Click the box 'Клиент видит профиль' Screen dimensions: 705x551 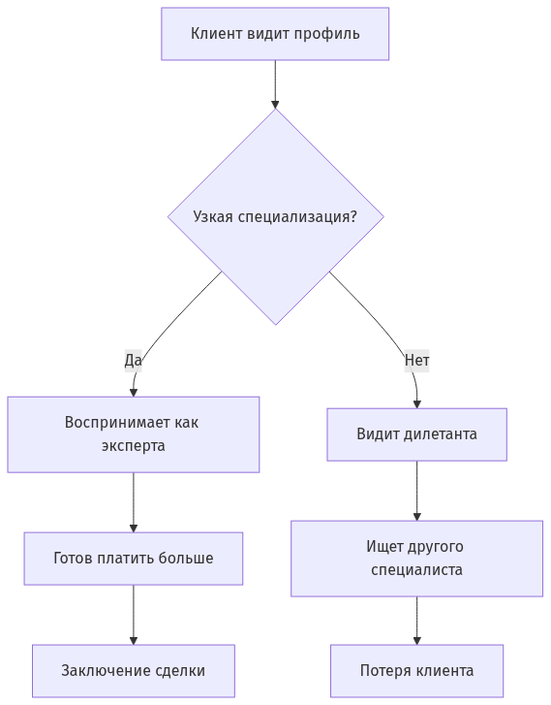275,34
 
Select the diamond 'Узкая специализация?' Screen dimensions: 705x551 275,216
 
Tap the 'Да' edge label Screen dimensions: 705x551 133,361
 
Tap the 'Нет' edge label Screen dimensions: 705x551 416,361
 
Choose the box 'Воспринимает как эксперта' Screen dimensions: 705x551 134,434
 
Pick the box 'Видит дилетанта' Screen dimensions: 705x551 416,433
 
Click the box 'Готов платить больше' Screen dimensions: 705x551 134,559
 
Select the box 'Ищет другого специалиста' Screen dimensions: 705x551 416,559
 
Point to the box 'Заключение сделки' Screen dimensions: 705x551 134,671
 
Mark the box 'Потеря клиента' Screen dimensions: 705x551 416,671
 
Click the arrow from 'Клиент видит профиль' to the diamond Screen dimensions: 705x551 275,84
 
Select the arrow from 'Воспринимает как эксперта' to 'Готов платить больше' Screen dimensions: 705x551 134,502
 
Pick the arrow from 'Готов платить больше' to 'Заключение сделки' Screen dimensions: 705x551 134,615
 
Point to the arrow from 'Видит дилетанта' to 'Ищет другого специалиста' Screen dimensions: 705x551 417,491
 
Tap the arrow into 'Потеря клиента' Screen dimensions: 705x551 417,621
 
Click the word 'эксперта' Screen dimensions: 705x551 134,446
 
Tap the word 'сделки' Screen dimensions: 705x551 180,671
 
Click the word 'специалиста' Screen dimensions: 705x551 416,570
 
